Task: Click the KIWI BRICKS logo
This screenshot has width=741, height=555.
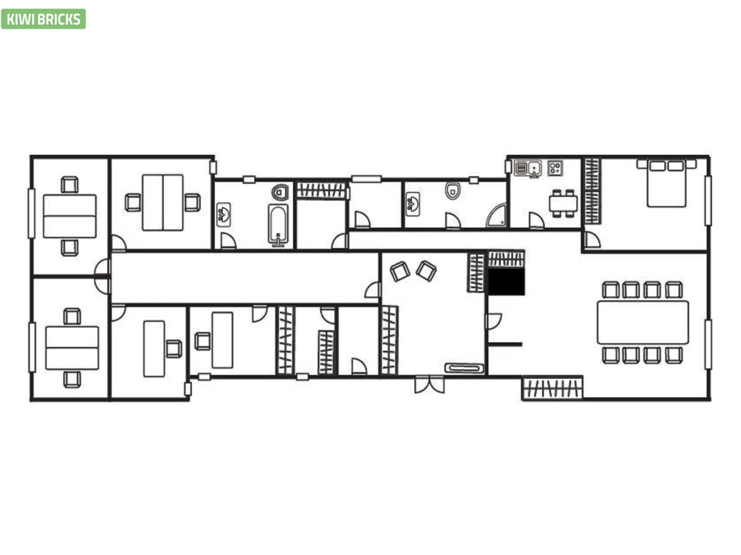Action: [x=43, y=19]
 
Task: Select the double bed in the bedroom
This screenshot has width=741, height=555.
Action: [x=667, y=183]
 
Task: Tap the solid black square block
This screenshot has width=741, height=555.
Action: [x=506, y=282]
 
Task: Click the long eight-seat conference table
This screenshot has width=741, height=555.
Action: [x=643, y=323]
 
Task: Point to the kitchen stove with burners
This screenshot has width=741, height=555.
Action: [x=555, y=168]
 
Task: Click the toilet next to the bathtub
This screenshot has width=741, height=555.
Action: [x=280, y=192]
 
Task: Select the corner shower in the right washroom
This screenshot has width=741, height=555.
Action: [x=496, y=215]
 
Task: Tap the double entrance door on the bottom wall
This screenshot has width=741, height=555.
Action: [x=430, y=384]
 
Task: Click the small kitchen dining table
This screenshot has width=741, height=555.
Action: [x=563, y=203]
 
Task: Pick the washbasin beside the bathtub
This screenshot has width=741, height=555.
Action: [x=223, y=214]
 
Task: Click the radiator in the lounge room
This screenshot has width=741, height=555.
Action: [x=464, y=368]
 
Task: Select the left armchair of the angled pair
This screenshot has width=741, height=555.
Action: [x=400, y=271]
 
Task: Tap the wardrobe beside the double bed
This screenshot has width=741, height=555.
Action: [x=592, y=191]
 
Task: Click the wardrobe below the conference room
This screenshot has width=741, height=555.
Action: [x=552, y=388]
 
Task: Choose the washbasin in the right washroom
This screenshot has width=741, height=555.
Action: [x=413, y=204]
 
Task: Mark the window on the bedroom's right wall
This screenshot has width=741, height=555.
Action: [x=708, y=200]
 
